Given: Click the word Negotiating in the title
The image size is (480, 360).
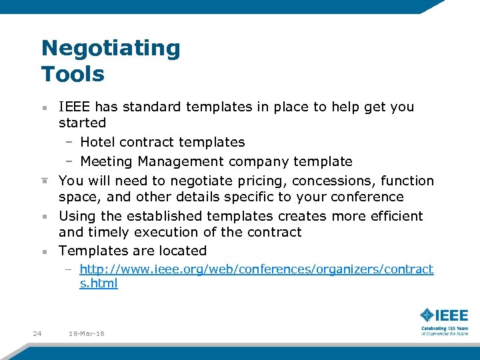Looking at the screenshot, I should pos(111,49).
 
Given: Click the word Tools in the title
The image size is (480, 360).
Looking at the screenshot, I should pos(73,73).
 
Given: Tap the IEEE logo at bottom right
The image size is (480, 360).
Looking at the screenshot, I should pos(444,315).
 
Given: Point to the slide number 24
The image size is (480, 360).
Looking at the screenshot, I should pos(37,333).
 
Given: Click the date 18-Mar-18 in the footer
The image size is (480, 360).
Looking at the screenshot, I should pos(86,333).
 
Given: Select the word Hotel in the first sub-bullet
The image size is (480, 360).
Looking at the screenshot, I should pos(96,142).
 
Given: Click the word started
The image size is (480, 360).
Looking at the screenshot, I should pos(82,123).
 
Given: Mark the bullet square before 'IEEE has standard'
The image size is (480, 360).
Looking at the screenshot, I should pos(43,107).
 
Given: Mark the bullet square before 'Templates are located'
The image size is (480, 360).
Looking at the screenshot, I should pos(43,252).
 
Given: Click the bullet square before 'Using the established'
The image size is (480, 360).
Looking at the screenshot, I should pos(43,217).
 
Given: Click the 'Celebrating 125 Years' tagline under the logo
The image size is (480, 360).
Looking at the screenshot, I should pos(444,329).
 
